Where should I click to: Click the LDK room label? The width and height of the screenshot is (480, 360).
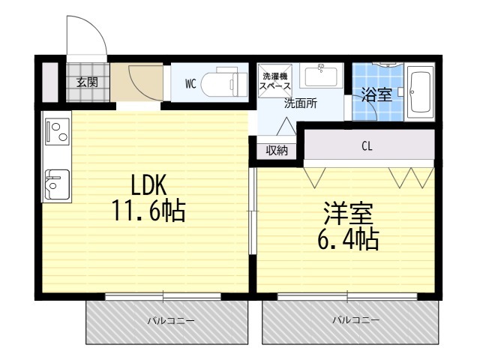148,184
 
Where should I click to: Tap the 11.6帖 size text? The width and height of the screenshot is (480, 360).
148,211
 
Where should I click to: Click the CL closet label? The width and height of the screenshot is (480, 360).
367,147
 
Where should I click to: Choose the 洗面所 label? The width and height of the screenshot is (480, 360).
300,104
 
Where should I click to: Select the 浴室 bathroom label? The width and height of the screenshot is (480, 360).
376,94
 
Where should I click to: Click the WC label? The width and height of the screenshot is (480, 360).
191,84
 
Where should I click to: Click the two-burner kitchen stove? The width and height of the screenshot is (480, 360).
55,133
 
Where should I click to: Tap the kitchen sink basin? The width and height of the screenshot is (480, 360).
57,182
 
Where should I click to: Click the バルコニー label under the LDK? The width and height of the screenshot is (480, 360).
170,320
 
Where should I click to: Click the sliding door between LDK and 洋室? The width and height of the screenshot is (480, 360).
253,217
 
